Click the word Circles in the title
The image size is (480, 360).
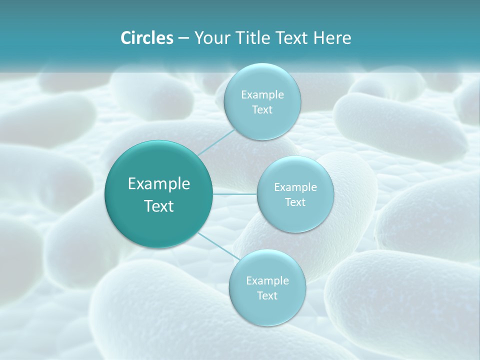click(x=147, y=38)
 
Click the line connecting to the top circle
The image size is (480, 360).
click(x=216, y=141)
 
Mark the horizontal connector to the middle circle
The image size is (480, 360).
click(x=235, y=194)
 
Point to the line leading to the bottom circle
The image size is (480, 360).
click(x=217, y=246)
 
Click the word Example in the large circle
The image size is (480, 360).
click(x=158, y=184)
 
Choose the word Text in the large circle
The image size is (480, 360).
click(x=158, y=206)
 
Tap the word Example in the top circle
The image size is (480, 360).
click(x=262, y=95)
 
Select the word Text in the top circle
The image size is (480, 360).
click(x=262, y=110)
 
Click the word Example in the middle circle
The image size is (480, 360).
click(x=295, y=187)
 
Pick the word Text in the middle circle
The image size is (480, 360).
click(x=295, y=202)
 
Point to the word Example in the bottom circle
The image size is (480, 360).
click(x=267, y=281)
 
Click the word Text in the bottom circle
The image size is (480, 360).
click(x=267, y=296)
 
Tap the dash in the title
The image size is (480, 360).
click(x=183, y=38)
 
